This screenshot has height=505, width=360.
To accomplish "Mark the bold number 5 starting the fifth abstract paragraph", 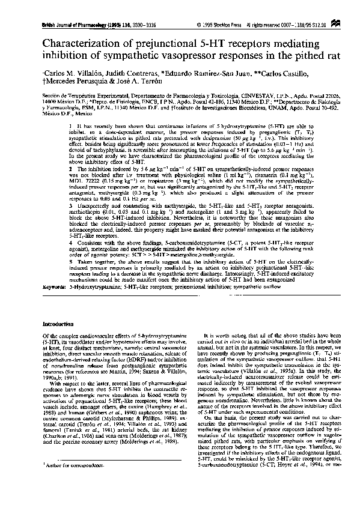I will coord(70,262).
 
